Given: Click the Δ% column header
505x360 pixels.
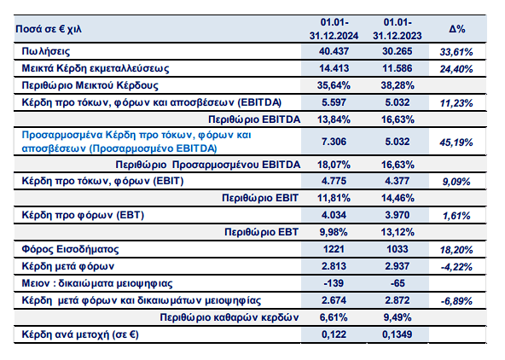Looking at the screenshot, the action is [457, 29].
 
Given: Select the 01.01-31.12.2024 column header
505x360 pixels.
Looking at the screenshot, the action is [334, 29].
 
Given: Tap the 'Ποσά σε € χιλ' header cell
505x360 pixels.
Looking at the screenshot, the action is [49, 29].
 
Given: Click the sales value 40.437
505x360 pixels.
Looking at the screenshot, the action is [334, 51].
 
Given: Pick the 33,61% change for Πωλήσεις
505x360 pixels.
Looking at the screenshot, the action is [456, 52].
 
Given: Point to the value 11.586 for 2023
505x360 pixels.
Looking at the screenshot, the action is [398, 68].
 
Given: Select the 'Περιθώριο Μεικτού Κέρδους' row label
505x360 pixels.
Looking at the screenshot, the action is [90, 85].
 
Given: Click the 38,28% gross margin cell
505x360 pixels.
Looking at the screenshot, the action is [398, 85].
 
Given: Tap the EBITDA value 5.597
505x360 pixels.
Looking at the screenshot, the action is [334, 102].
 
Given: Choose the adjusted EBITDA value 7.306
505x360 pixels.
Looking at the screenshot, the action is [334, 142].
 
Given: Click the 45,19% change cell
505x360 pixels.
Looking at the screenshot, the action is [456, 142].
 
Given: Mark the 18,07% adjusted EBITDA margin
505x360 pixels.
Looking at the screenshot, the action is [334, 165].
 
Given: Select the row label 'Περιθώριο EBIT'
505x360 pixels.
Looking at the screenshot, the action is [260, 198].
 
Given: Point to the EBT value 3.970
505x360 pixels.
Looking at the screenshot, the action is [398, 215].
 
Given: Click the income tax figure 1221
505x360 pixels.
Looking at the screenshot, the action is [334, 249].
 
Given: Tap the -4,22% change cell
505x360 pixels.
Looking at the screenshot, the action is [456, 267].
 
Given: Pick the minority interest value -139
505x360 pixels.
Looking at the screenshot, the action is [334, 283].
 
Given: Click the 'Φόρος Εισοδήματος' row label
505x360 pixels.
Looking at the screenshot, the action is [70, 249].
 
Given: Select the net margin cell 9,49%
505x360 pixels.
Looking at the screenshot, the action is [398, 317].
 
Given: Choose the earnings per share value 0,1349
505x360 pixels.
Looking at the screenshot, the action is [398, 334].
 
